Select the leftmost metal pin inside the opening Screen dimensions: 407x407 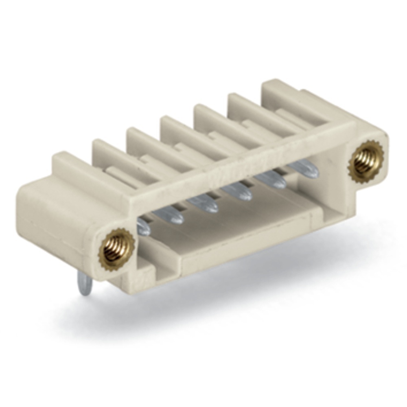tap(143, 227)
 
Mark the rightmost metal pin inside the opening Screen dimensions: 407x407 tap(304, 168)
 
